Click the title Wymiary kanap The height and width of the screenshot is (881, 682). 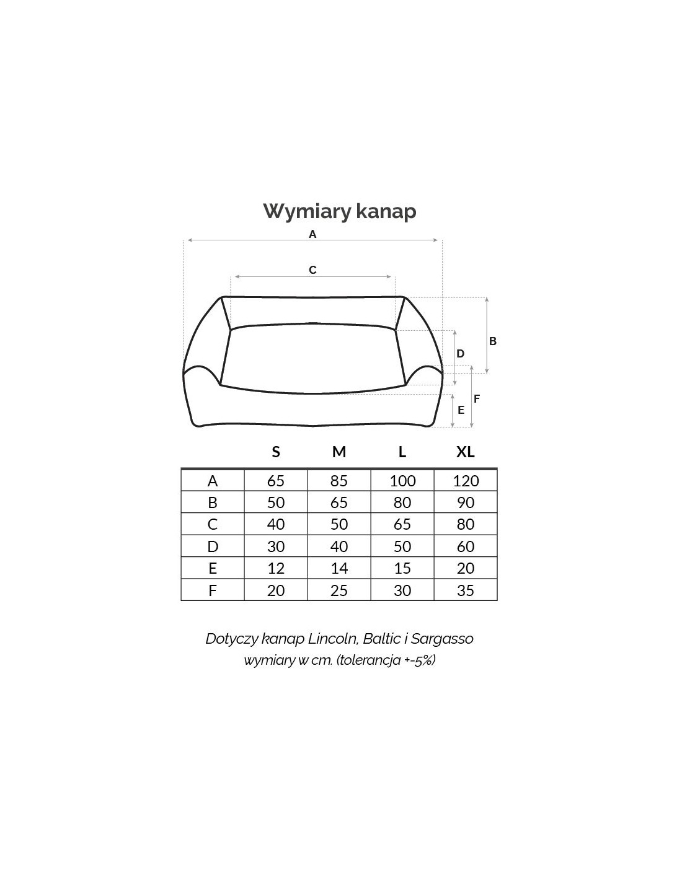340,212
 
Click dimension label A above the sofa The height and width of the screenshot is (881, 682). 312,234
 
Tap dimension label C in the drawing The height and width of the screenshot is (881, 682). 312,270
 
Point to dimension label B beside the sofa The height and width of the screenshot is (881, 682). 492,341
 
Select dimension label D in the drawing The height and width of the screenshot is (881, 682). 460,354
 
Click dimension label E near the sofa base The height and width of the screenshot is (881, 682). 461,410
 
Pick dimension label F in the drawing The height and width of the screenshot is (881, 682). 477,399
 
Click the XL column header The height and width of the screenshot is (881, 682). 466,452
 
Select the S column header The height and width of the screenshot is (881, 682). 276,452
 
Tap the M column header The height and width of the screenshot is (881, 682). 339,452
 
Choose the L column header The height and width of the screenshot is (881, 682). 402,452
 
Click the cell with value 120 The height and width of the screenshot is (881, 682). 466,481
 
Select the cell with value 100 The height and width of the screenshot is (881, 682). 402,481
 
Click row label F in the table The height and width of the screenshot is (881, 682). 213,590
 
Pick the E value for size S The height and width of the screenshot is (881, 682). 276,568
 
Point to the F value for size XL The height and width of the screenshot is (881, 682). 466,590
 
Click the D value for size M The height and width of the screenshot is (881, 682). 339,546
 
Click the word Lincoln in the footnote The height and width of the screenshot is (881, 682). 333,639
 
